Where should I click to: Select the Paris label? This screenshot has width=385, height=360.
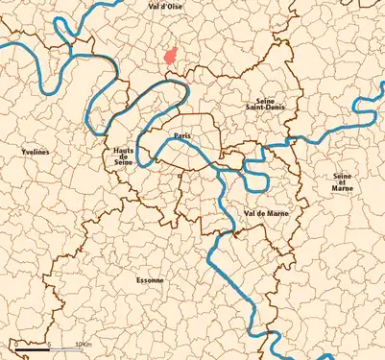click(x=180, y=136)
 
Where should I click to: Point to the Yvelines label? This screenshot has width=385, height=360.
click(x=36, y=153)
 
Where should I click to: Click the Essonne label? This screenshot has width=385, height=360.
click(x=150, y=280)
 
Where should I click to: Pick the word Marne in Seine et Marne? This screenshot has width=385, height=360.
click(x=342, y=189)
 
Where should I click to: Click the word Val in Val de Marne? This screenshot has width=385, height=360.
click(x=250, y=212)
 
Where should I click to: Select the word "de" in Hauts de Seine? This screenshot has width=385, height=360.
click(x=123, y=159)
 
